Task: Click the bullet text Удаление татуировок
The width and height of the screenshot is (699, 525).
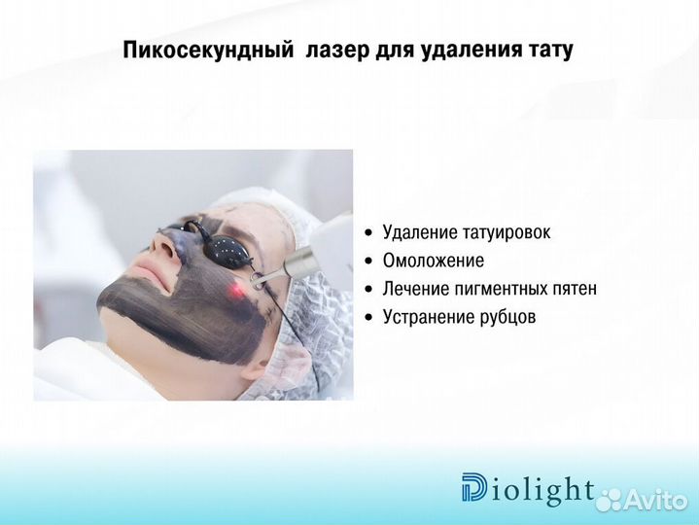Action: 467,232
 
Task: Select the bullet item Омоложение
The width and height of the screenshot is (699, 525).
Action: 433,261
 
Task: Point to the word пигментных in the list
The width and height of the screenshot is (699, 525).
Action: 506,289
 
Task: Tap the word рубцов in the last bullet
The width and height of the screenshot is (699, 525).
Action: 504,317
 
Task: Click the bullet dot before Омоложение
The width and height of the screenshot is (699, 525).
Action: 367,262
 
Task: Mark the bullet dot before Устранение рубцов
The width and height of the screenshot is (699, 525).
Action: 367,318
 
